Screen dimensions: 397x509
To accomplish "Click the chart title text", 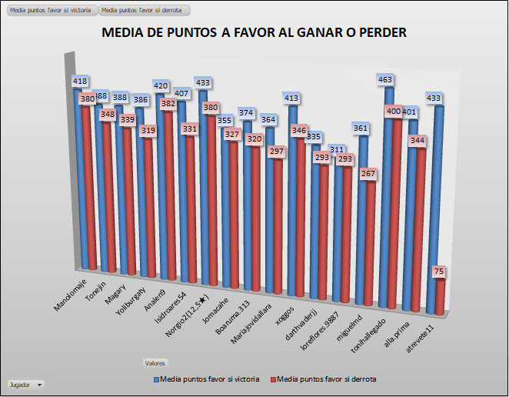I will [x=254, y=33].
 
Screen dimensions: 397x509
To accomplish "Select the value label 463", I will [x=385, y=78].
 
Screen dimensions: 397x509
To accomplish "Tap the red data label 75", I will [x=439, y=272].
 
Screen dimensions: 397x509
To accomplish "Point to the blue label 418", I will [x=80, y=81].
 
